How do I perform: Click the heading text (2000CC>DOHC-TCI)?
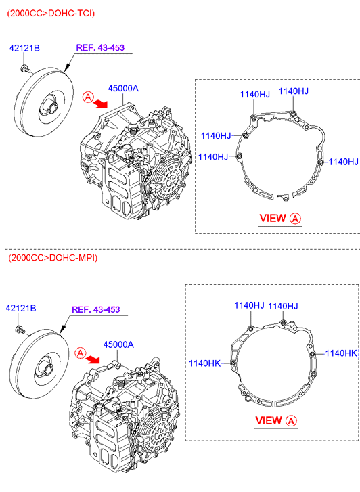[x=51, y=13]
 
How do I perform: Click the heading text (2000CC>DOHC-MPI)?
[x=53, y=258]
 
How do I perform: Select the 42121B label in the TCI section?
[x=24, y=48]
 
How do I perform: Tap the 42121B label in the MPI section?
[x=21, y=308]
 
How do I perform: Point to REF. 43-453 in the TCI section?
[x=100, y=47]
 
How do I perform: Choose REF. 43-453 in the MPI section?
[x=95, y=309]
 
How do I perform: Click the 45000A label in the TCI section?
[x=123, y=89]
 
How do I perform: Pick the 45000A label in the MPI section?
[x=118, y=344]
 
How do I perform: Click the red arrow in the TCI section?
[x=100, y=103]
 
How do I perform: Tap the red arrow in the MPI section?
[x=93, y=359]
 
